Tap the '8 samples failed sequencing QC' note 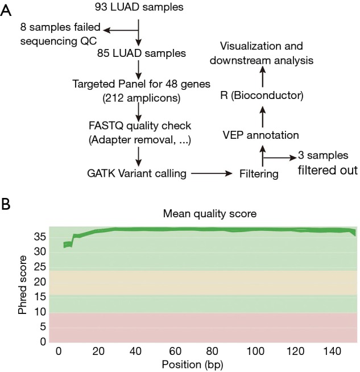(52, 34)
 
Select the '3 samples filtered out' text (323, 162)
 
